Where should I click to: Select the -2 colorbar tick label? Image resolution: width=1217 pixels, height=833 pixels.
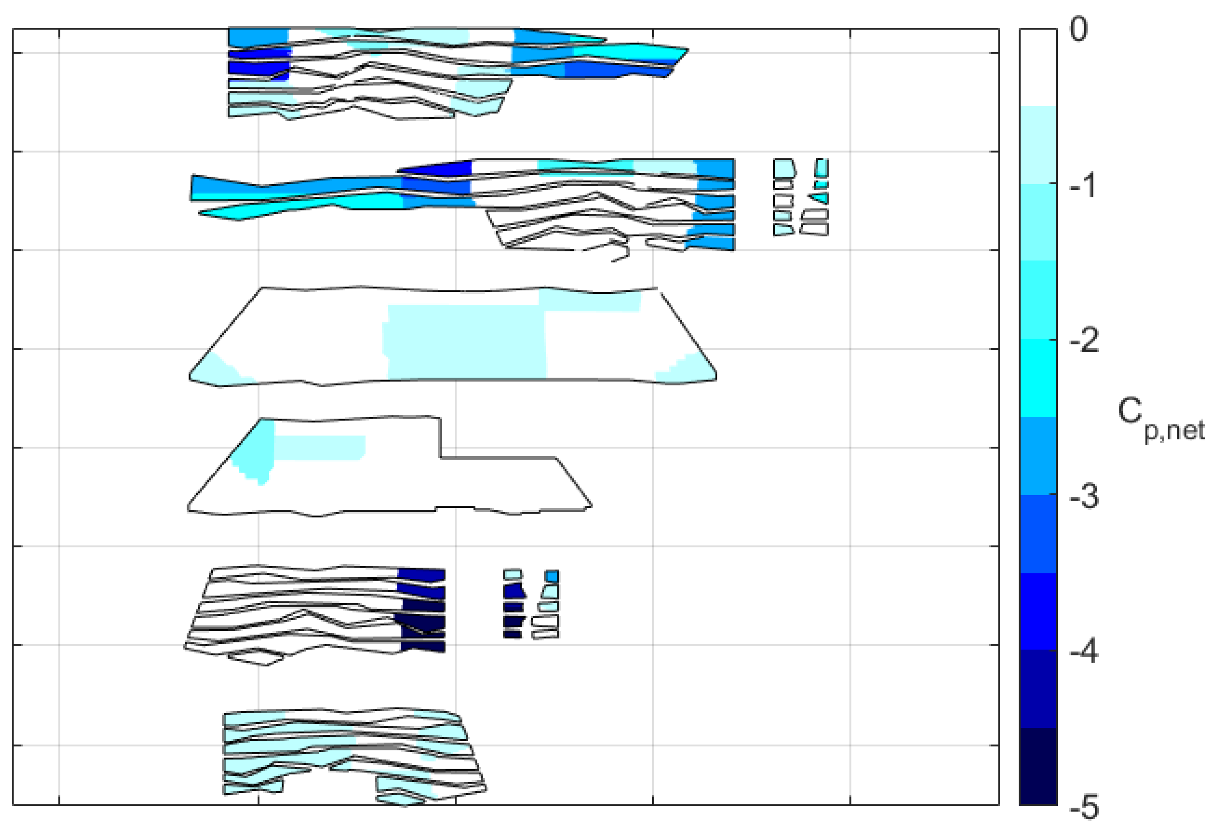1083,341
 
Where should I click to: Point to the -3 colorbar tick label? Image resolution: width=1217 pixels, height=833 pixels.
1083,496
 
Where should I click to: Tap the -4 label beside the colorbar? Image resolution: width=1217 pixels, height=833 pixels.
1083,651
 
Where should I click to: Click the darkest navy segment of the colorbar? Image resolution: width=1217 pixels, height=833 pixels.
1038,766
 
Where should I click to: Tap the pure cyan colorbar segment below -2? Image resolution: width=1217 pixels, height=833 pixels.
1038,378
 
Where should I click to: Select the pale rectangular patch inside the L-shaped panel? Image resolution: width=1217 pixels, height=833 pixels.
320,447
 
